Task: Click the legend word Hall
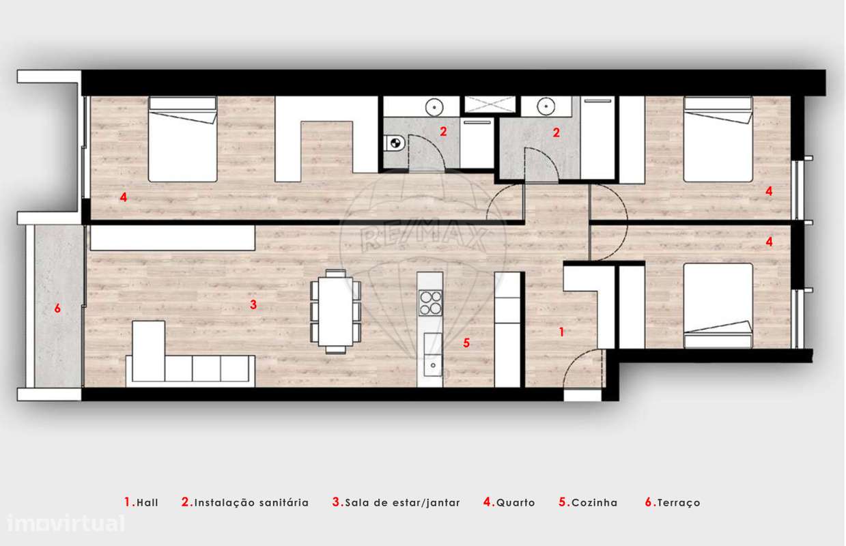click(x=147, y=503)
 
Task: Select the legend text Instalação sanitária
click(x=251, y=503)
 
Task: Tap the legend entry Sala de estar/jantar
click(x=402, y=503)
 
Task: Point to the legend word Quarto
click(x=516, y=503)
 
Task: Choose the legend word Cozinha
click(x=594, y=503)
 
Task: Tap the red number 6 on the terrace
click(x=57, y=308)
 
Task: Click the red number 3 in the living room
click(x=253, y=305)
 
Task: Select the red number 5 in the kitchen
click(x=466, y=343)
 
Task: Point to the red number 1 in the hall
click(x=561, y=332)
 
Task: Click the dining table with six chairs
click(x=335, y=311)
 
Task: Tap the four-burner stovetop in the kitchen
click(x=431, y=302)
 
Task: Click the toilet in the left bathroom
click(x=393, y=143)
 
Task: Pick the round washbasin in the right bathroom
click(x=544, y=106)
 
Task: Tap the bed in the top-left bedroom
click(x=182, y=140)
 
